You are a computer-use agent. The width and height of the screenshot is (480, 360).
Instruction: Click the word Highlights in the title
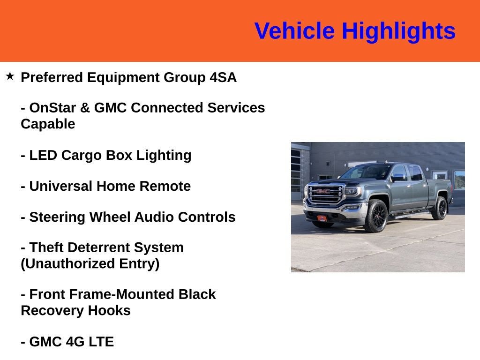tap(398, 31)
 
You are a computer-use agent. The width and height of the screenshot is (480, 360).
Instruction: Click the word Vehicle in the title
tap(294, 31)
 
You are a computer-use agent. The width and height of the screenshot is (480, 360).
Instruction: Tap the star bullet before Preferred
tap(10, 75)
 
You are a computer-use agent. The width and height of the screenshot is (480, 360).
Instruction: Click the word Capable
tap(48, 124)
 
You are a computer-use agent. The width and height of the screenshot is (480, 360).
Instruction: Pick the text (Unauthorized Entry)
tap(90, 263)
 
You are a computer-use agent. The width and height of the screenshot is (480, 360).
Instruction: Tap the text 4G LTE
tap(90, 342)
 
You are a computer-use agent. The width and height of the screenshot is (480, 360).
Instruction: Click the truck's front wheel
tap(376, 216)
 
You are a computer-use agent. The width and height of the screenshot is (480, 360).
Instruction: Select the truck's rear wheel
tap(440, 209)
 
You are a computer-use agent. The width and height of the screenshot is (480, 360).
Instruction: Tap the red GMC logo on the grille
tap(323, 191)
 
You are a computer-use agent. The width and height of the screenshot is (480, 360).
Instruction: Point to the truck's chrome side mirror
tap(398, 177)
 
